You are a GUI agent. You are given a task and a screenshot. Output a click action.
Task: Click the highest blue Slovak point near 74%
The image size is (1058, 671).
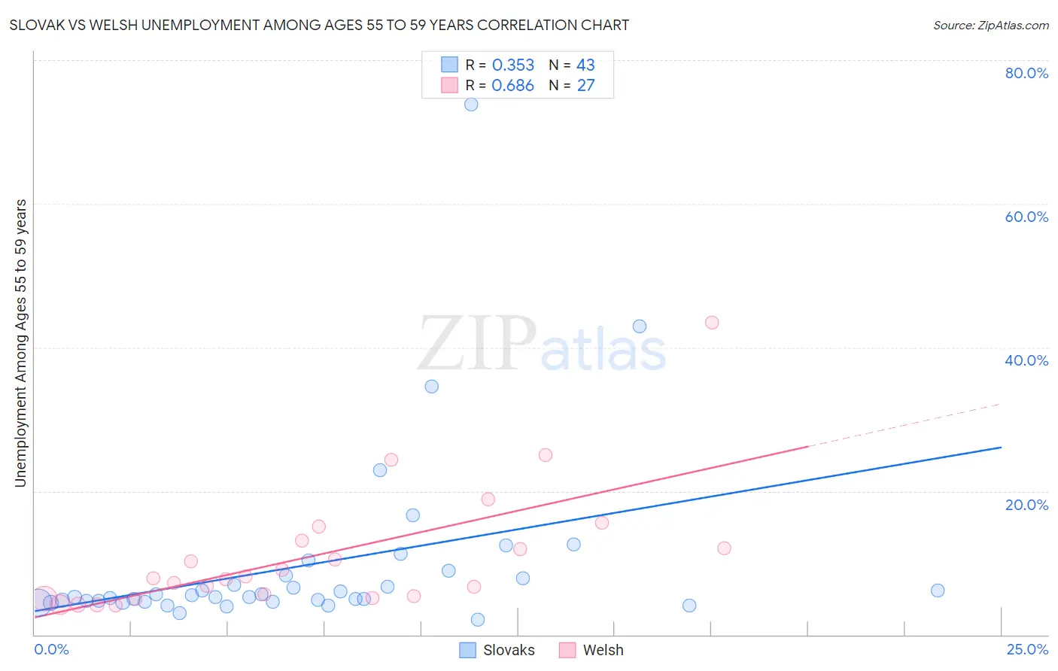click(x=471, y=105)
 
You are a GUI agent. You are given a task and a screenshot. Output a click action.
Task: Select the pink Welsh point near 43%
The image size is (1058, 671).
click(x=712, y=323)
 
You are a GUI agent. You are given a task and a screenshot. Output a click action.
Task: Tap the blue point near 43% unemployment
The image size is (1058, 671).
click(x=640, y=326)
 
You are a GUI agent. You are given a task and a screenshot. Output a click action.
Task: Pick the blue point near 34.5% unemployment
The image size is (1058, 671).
click(x=432, y=387)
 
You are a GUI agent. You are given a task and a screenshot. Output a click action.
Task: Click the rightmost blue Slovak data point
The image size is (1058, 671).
click(x=938, y=591)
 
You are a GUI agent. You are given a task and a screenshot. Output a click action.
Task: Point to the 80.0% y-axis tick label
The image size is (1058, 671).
click(x=1026, y=73)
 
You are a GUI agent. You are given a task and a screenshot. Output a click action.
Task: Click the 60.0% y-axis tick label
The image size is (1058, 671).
click(x=1026, y=217)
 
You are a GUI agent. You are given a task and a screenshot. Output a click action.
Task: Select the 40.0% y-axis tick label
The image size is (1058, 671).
click(x=1026, y=360)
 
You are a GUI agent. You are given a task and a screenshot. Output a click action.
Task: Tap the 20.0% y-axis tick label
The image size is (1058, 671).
click(x=1026, y=505)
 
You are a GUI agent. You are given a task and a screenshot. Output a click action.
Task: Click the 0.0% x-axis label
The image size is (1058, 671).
click(x=51, y=649)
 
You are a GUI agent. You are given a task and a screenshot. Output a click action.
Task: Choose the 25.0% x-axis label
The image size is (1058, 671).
click(x=1027, y=649)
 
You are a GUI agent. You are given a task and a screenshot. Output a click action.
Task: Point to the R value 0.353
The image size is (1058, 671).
click(x=513, y=65)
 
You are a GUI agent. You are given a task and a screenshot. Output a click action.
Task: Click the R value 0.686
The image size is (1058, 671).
click(x=513, y=86)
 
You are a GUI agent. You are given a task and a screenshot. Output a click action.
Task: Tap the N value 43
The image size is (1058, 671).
click(x=585, y=65)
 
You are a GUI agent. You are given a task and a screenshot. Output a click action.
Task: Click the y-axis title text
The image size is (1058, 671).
click(x=21, y=343)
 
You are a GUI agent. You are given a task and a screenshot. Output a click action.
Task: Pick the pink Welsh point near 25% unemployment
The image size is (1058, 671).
click(x=546, y=455)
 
